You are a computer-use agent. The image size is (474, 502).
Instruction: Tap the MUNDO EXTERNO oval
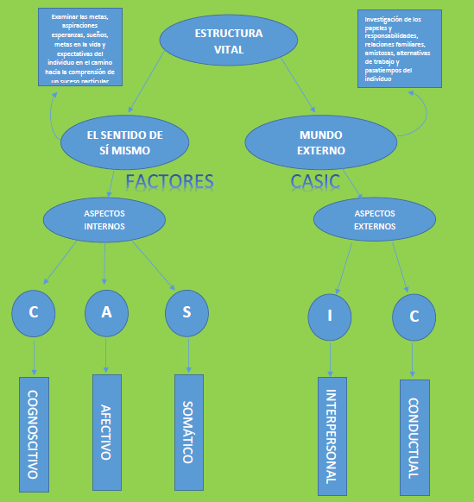click(321, 142)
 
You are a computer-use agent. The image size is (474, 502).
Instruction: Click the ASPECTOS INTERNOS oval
click(104, 219)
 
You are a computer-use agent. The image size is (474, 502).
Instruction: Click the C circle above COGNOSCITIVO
click(34, 311)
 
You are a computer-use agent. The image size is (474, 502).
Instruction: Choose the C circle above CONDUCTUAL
click(414, 317)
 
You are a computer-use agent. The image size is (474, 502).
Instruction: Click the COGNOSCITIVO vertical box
click(34, 435)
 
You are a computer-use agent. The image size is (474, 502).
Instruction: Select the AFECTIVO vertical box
click(106, 430)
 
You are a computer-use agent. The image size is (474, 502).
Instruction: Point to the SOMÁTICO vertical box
click(188, 431)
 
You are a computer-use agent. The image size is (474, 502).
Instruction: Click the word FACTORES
click(169, 182)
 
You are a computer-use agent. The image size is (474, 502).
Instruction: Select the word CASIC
click(315, 182)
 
